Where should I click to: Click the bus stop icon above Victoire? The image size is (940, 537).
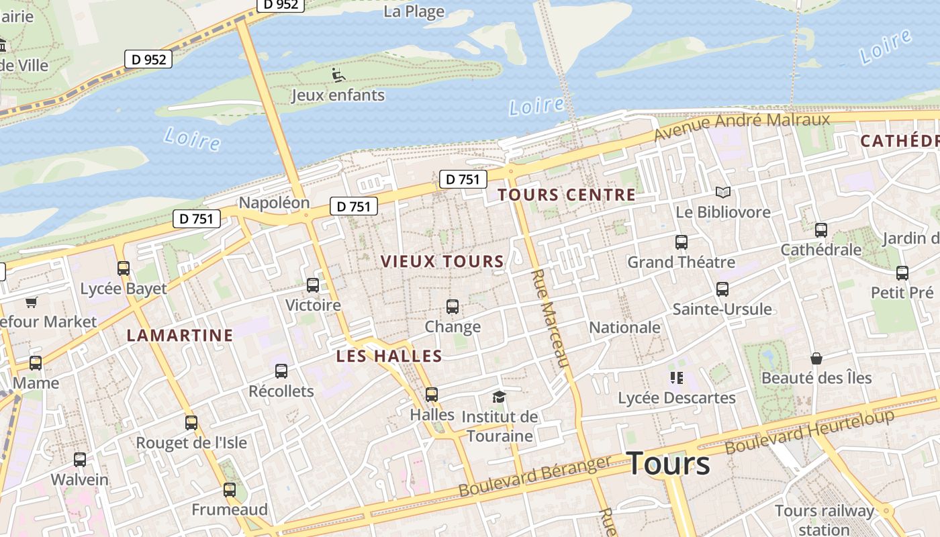coord(313,285)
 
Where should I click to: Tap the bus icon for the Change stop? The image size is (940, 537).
coord(453,307)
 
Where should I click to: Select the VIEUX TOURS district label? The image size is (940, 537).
coord(442,262)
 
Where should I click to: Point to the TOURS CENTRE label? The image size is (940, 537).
coord(566,195)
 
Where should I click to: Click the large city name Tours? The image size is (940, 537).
coord(667,464)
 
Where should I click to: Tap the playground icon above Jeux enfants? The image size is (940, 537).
coord(338,75)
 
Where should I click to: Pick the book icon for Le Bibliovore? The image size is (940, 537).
coord(722,193)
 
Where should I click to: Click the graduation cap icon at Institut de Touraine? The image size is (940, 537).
coord(498,397)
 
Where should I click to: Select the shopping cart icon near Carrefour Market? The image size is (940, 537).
coord(31,302)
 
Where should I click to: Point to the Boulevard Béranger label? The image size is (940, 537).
coord(534,476)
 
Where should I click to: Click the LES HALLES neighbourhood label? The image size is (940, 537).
coord(389,356)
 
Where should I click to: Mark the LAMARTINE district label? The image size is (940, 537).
coord(180,336)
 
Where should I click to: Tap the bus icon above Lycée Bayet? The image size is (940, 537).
coord(124,268)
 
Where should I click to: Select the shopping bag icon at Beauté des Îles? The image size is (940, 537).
coord(816,358)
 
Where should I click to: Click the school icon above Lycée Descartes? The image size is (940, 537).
coord(676,378)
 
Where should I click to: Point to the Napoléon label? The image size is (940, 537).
coord(274,203)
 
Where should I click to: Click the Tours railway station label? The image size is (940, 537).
coord(825,520)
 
